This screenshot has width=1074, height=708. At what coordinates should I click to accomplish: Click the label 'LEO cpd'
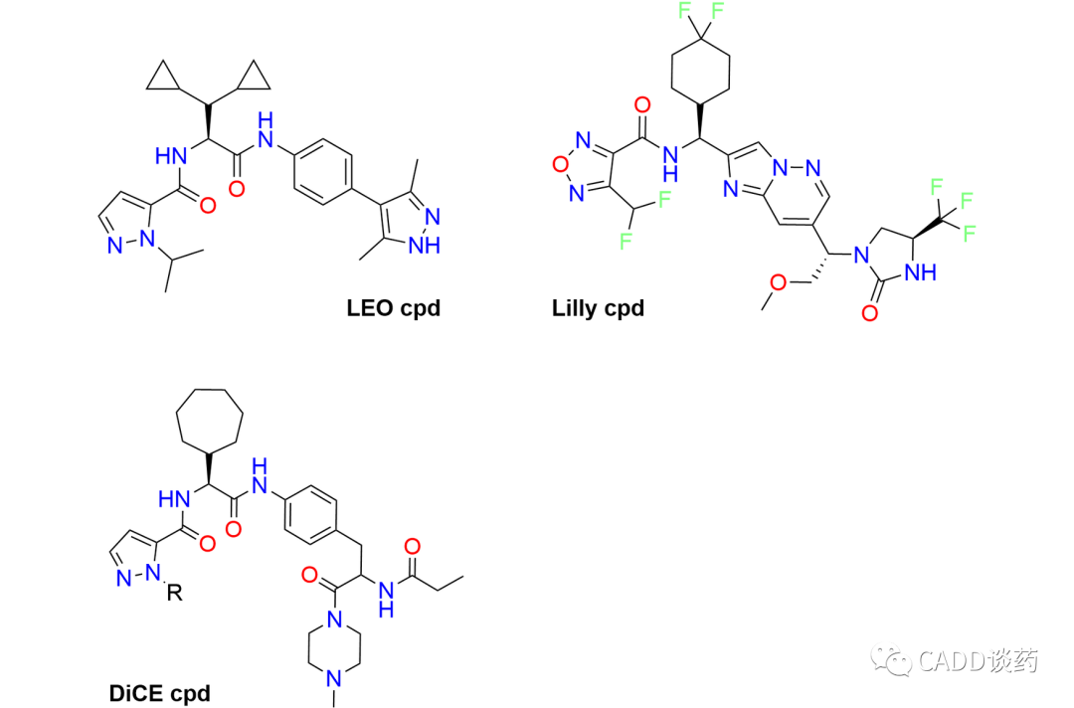coord(393,307)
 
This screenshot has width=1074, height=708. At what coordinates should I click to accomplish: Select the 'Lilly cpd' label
coord(598,307)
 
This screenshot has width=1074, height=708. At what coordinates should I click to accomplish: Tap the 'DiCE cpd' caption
coord(160,692)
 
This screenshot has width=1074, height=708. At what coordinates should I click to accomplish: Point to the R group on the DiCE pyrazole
coord(175,594)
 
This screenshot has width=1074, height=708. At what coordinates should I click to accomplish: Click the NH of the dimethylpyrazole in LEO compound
coord(425,245)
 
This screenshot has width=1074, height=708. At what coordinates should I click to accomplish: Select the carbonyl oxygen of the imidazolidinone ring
coord(871,314)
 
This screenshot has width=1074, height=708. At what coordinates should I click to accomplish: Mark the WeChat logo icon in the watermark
coord(891,658)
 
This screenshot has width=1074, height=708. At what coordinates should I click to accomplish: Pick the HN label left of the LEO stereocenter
coord(171,155)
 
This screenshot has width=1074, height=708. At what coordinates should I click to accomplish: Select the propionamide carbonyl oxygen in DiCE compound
coord(412,546)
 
